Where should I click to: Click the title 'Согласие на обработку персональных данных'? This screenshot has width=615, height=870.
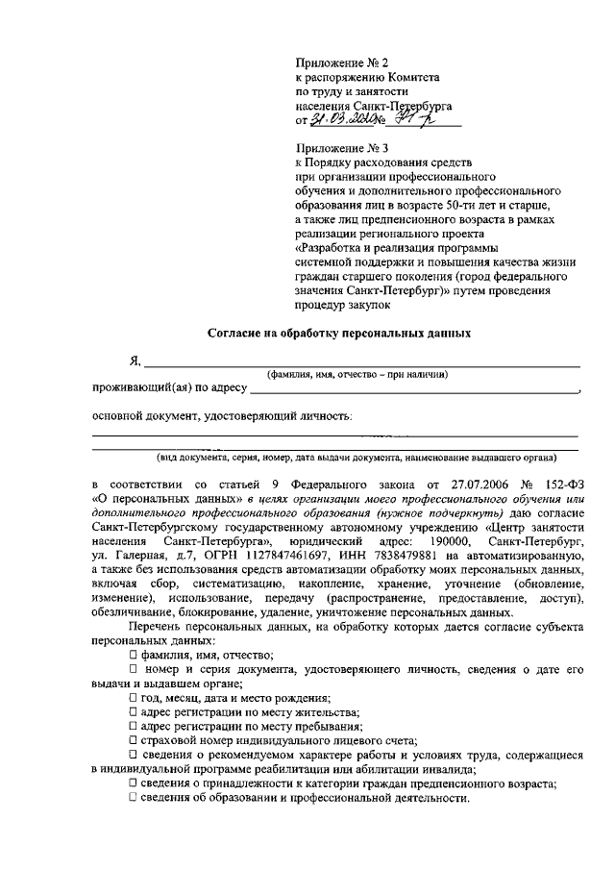click(x=340, y=334)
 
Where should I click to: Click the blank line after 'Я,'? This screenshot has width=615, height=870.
click(x=361, y=363)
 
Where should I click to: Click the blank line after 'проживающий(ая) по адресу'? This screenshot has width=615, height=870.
click(x=413, y=390)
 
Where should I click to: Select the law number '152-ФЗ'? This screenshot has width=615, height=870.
click(x=562, y=485)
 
